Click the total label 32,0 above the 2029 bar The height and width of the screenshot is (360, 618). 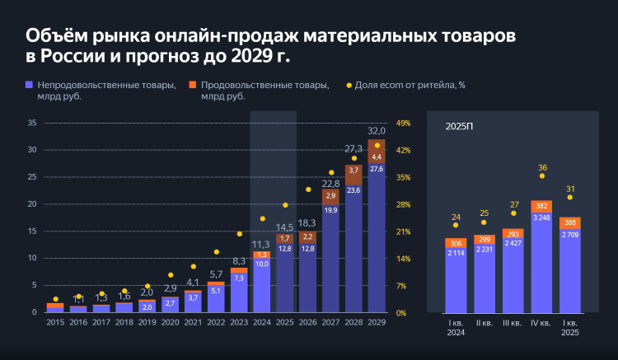[377, 131]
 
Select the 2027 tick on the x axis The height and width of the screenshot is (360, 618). [330, 322]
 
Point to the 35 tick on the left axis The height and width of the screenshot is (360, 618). [32, 123]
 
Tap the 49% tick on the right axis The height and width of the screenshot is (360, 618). [403, 123]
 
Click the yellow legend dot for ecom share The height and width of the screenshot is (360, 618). [349, 85]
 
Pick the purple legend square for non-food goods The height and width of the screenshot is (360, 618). [30, 85]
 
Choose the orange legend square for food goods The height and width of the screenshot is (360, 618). [192, 85]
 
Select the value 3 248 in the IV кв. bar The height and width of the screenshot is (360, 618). [541, 217]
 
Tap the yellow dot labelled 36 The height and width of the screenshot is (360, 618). [542, 175]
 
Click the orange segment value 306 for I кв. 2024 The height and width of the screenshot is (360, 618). [456, 243]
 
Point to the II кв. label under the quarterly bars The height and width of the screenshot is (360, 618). [485, 323]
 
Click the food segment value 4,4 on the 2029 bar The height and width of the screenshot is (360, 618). [377, 157]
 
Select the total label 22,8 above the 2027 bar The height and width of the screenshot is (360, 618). [330, 183]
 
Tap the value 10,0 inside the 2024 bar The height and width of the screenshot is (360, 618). [261, 264]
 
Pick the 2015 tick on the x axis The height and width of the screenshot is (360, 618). [55, 322]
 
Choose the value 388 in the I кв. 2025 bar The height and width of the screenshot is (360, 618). [570, 222]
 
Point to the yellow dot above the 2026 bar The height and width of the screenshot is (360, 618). [308, 189]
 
